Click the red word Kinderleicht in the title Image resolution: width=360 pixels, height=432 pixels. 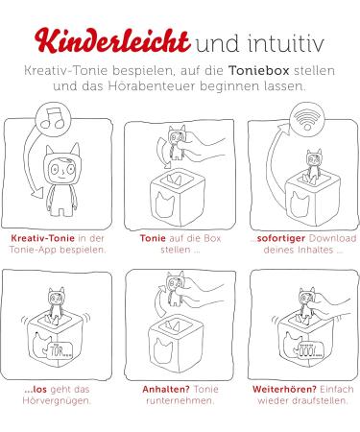112,41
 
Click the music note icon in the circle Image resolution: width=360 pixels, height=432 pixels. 53,117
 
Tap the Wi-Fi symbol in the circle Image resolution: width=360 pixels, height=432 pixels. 307,118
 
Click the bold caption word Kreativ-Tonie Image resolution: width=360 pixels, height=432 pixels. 42,238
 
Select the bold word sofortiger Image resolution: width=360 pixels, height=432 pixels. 280,238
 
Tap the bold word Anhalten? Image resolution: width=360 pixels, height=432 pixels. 166,390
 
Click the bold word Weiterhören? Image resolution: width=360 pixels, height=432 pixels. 284,390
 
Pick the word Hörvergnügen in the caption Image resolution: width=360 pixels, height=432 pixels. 56,400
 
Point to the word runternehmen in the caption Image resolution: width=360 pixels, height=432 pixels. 180,400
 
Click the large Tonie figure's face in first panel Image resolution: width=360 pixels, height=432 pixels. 62,170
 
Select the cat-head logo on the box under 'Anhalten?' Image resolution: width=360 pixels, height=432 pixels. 163,351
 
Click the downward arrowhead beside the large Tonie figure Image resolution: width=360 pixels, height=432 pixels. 38,193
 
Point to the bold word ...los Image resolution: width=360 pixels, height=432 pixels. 36,390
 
